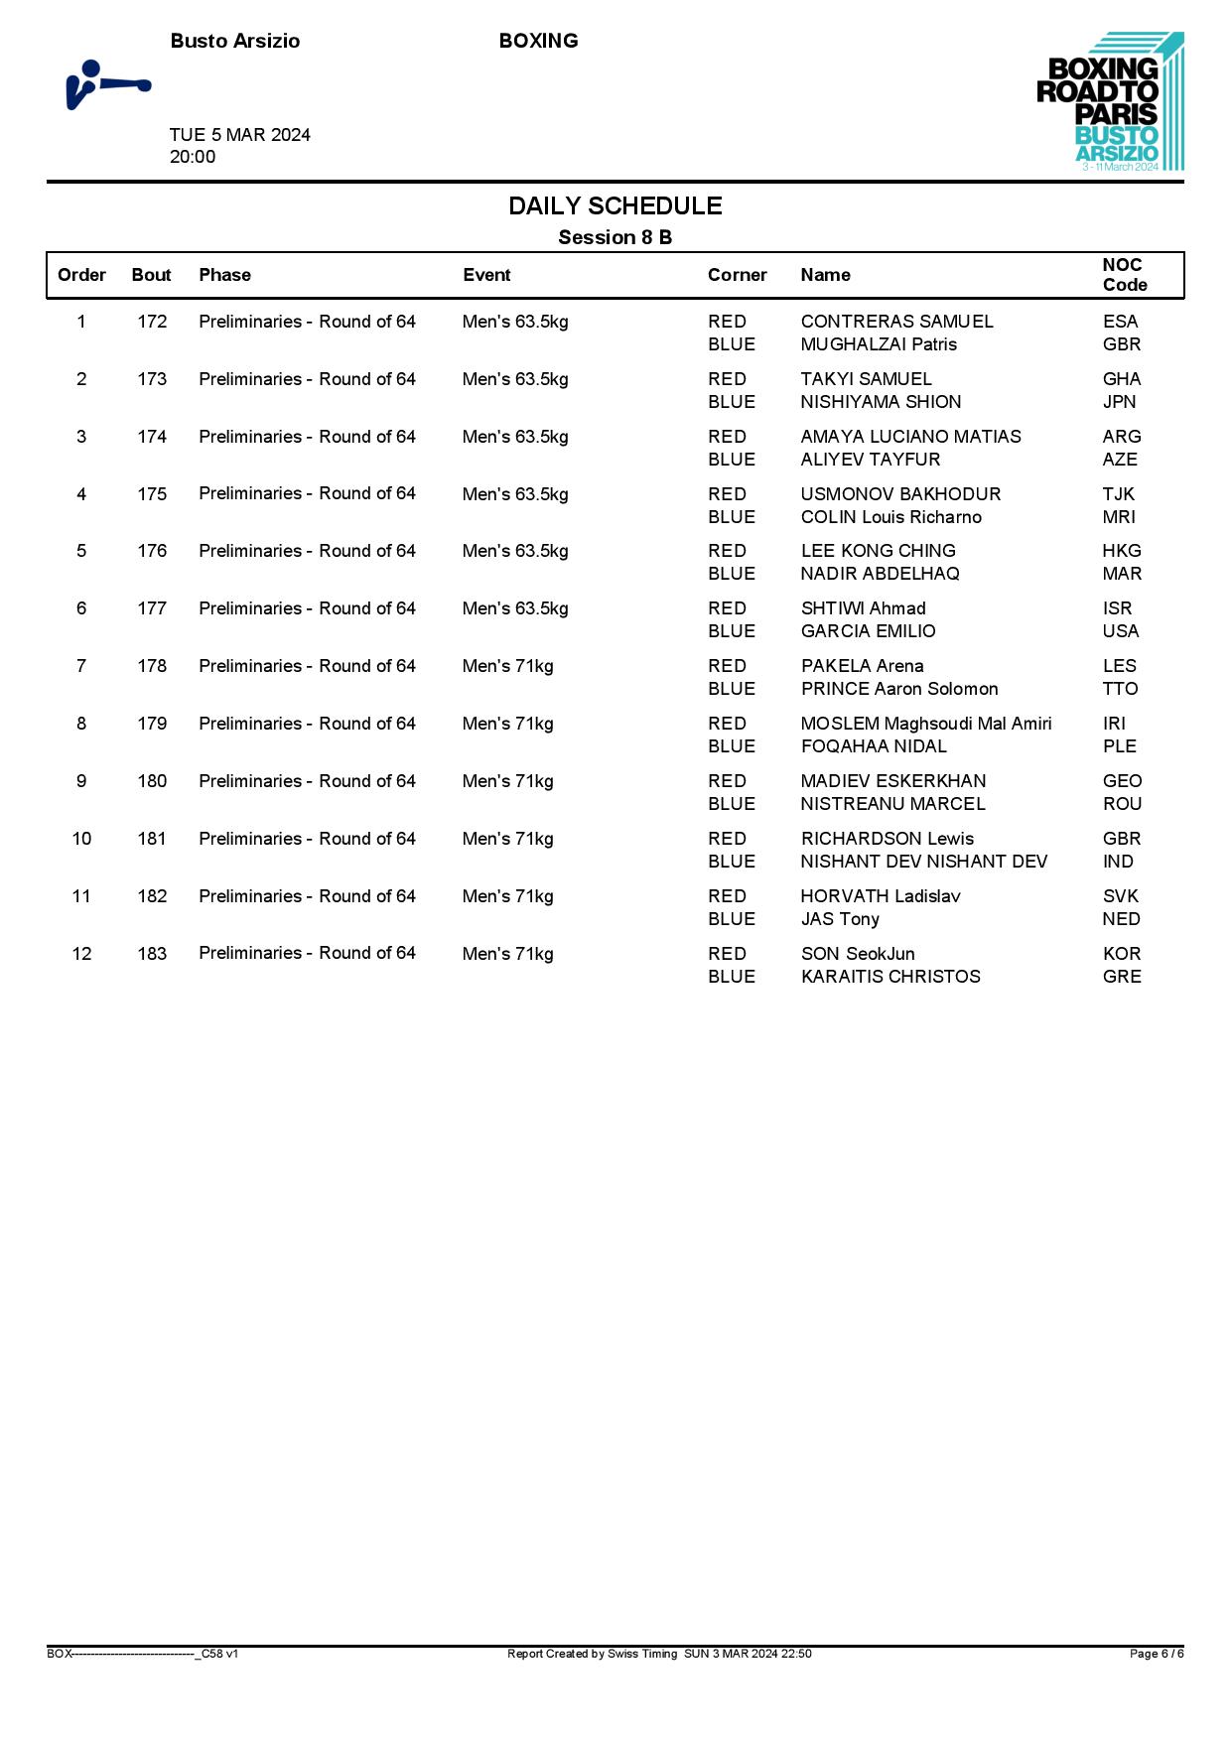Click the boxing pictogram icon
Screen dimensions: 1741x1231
(107, 85)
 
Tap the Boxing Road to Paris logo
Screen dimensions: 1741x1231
(1110, 102)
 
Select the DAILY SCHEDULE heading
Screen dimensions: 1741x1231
(615, 205)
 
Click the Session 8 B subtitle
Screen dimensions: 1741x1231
(615, 237)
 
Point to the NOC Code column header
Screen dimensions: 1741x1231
(1124, 275)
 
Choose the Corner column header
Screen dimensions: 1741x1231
(737, 275)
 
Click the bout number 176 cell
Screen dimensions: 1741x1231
(152, 551)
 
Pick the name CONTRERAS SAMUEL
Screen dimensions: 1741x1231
(896, 322)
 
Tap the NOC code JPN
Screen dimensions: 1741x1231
(1119, 402)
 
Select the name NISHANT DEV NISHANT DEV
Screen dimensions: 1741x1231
(923, 862)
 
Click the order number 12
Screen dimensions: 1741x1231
(81, 954)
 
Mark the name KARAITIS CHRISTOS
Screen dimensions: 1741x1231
(889, 977)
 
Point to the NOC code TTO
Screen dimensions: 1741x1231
(1120, 689)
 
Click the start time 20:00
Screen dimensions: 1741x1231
(193, 157)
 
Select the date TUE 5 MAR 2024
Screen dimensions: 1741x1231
(239, 135)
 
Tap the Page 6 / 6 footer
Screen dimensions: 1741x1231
(1156, 1654)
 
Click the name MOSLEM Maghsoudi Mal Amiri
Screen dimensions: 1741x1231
(925, 724)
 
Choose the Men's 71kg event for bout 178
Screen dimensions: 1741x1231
(507, 666)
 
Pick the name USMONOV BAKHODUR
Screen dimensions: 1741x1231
(900, 494)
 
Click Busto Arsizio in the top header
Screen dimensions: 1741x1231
(234, 41)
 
